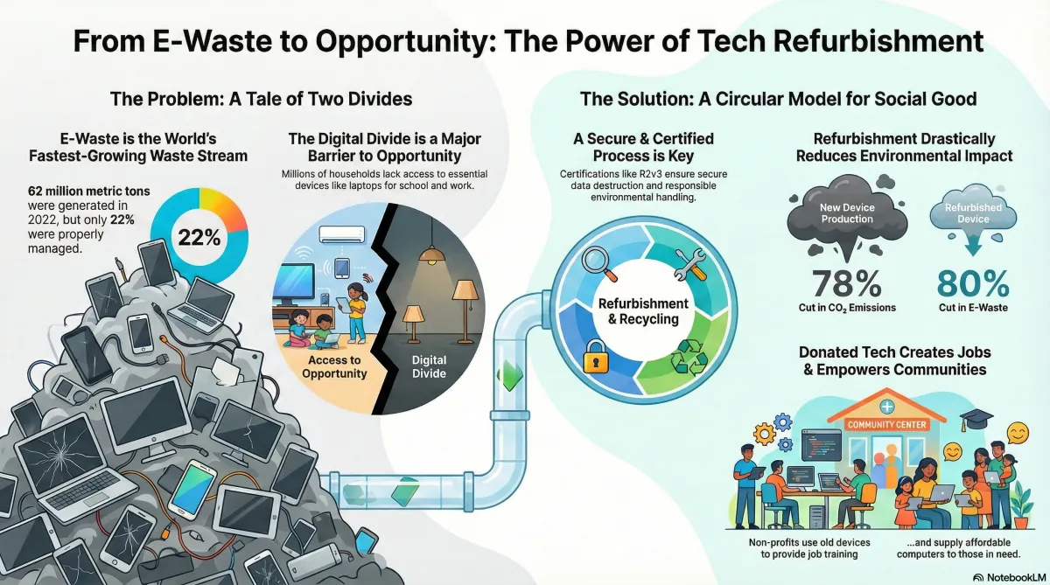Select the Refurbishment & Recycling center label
pos(643,311)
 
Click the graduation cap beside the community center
pos(970,421)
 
